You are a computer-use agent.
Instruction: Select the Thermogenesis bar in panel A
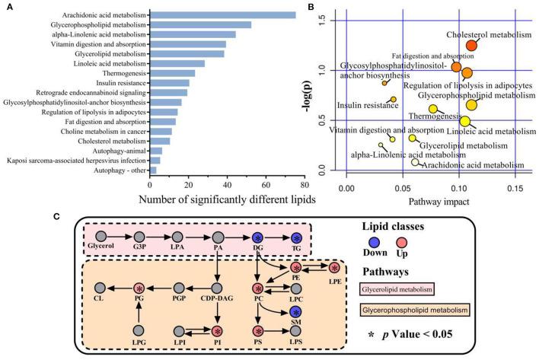click(172, 73)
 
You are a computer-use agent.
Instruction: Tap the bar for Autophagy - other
click(153, 170)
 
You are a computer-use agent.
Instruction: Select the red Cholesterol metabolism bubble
click(472, 46)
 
